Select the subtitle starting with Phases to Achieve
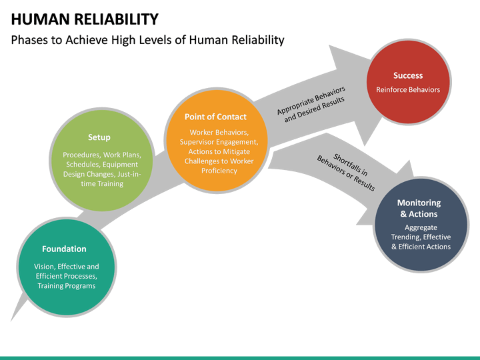(x=148, y=40)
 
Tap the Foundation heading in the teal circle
(x=64, y=249)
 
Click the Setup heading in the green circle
(x=99, y=137)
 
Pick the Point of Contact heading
(x=215, y=117)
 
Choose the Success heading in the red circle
(x=408, y=75)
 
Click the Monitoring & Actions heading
(x=419, y=208)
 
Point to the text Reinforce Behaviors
(x=408, y=89)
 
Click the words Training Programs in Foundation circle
(x=67, y=286)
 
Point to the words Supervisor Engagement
(x=219, y=142)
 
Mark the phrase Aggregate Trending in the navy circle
(x=421, y=232)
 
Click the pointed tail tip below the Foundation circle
(x=13, y=317)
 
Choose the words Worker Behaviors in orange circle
(x=219, y=132)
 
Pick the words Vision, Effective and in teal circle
(x=67, y=267)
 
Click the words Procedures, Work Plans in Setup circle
(x=102, y=155)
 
